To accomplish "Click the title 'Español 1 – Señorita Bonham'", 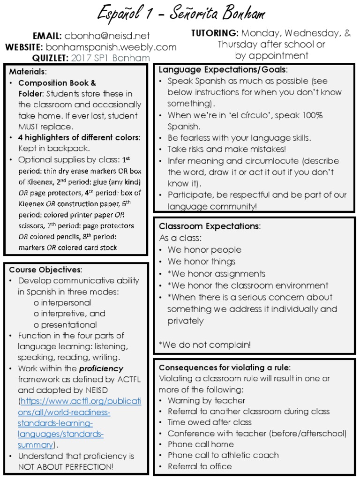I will click(182, 14).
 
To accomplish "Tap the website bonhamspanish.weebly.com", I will click(111, 47).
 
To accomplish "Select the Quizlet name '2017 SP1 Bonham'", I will click(111, 58).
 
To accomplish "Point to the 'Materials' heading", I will click(28, 72).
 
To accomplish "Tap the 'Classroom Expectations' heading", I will click(210, 226).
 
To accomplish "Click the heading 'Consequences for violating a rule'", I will click(225, 367).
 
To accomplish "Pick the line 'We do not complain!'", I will click(205, 345).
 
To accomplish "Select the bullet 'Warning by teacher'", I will click(206, 400).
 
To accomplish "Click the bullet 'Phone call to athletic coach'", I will click(223, 455).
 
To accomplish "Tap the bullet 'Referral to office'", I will click(200, 466).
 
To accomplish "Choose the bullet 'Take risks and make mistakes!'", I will click(227, 149).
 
